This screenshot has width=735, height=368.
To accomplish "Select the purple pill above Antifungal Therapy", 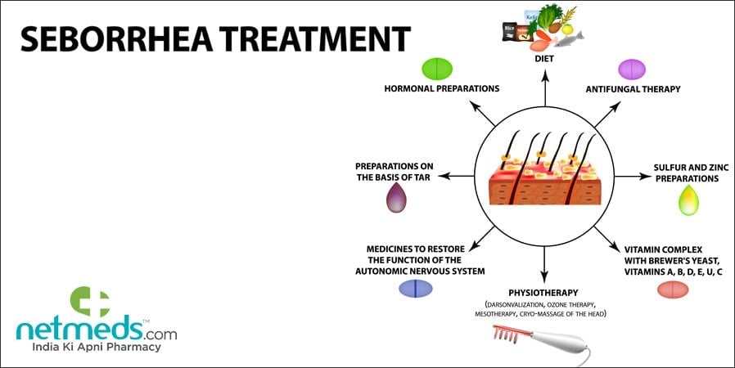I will click(631, 68).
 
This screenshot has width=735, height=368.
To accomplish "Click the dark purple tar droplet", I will click(396, 198).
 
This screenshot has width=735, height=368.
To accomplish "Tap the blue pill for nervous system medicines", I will click(415, 289).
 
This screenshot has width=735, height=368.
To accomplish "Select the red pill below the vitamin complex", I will click(673, 289).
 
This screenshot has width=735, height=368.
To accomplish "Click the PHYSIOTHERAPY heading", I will click(543, 292).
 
